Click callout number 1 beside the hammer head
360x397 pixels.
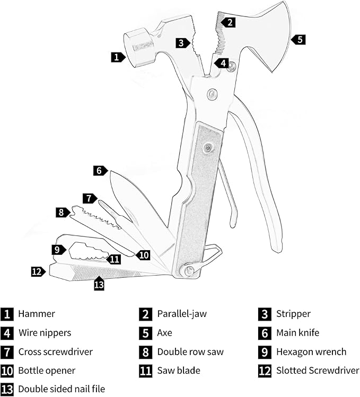pos(117,57)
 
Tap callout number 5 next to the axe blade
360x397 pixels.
pos(299,39)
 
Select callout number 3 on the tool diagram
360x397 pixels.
pos(181,43)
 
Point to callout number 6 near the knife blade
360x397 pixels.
pos(99,171)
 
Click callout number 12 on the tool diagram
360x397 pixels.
pos(37,271)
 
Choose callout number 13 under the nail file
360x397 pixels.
pos(99,285)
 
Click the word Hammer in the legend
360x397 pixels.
pos(37,314)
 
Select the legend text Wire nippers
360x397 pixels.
pos(45,333)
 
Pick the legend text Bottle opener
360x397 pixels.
pos(47,370)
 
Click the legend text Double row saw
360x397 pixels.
pos(190,352)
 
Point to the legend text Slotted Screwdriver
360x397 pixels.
pos(318,370)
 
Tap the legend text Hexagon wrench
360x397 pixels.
pos(311,352)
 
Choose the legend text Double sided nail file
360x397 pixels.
pos(62,389)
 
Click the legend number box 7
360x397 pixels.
pos(7,352)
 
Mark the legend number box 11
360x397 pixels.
pos(146,370)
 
